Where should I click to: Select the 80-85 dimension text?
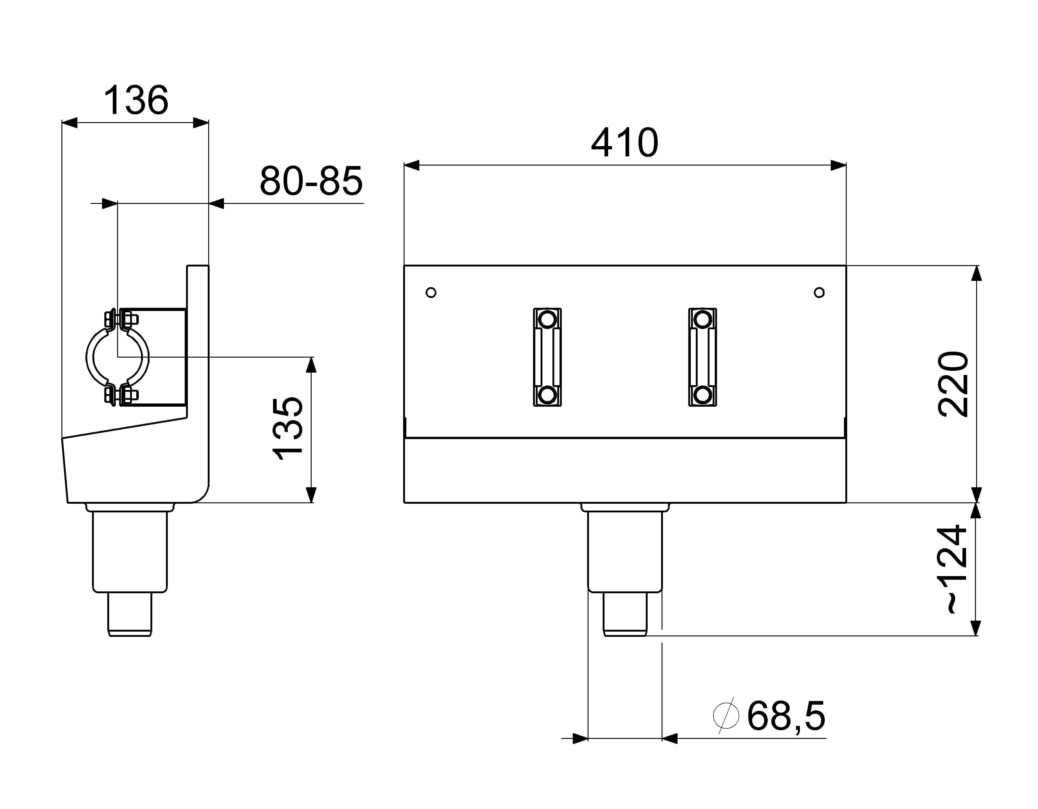click(311, 181)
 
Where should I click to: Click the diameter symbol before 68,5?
click(726, 715)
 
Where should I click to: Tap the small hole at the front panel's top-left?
click(431, 292)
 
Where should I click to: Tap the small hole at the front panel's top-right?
click(819, 292)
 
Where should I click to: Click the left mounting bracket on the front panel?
click(547, 357)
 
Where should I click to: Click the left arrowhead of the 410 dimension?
click(412, 165)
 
